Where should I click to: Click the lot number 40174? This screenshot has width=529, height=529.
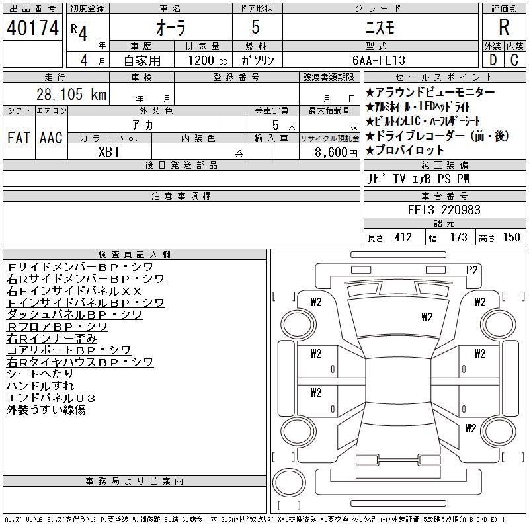click(x=32, y=28)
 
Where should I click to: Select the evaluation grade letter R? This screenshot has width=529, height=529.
click(x=504, y=27)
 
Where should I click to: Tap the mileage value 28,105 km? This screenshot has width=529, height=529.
click(x=71, y=94)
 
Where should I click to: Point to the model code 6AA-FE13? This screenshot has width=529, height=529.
click(x=378, y=60)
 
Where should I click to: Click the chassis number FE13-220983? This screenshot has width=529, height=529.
click(x=444, y=210)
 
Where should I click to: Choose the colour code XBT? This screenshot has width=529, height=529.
click(x=109, y=152)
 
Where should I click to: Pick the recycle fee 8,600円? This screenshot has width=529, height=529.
click(x=336, y=153)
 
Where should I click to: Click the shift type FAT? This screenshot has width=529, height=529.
click(x=19, y=138)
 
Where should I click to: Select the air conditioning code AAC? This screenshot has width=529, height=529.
click(x=51, y=138)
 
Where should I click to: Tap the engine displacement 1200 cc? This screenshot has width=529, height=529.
click(x=208, y=60)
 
